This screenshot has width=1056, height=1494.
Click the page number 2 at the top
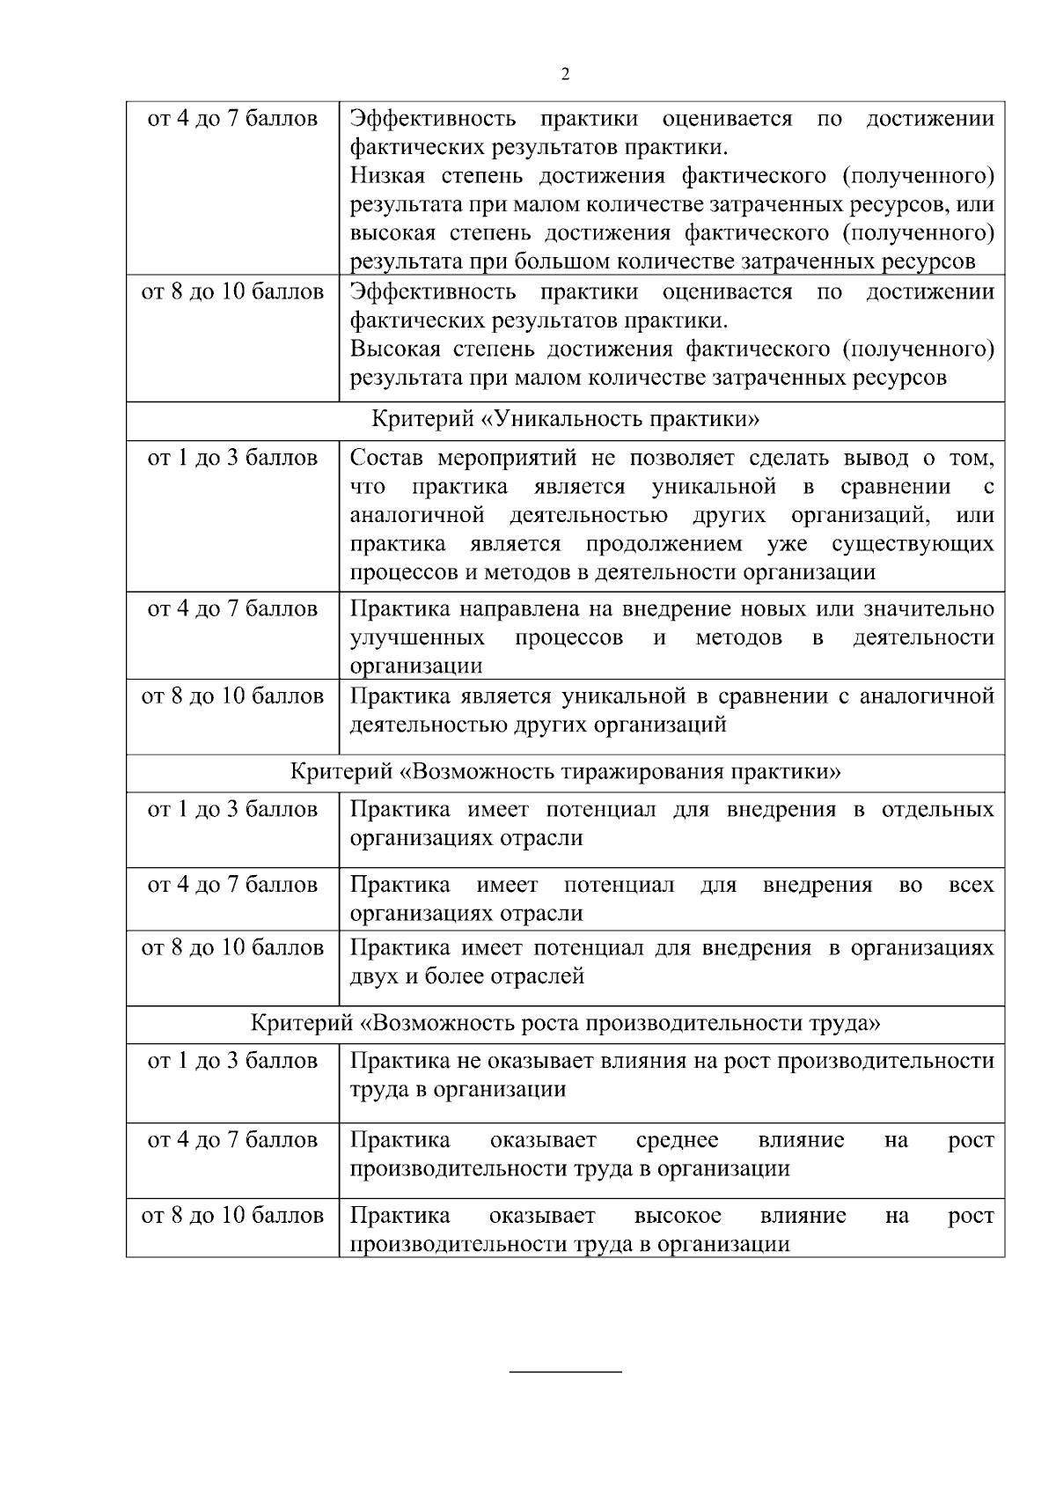(565, 74)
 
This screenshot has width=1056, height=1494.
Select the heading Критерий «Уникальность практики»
(565, 418)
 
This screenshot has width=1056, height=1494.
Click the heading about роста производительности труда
(565, 1023)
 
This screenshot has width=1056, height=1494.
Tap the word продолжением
(664, 543)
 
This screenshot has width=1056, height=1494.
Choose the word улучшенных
(417, 637)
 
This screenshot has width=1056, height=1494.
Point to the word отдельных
(937, 809)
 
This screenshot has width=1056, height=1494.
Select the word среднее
(677, 1140)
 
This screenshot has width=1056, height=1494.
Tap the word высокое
(677, 1216)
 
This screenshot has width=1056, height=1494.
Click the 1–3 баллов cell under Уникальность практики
(232, 459)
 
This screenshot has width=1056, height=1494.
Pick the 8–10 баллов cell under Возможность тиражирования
(232, 948)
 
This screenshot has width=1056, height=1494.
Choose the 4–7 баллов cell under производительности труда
(232, 1140)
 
